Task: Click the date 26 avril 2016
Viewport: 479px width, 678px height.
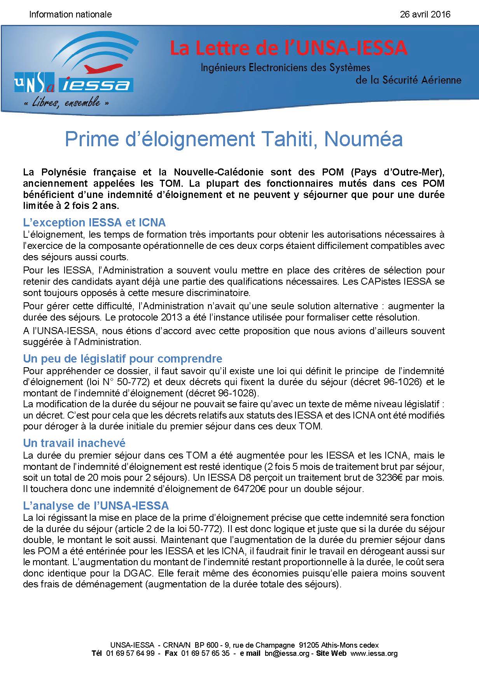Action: coord(425,14)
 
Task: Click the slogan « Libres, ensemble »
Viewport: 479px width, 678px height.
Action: coord(66,103)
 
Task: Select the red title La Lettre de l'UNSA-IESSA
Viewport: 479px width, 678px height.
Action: coord(288,48)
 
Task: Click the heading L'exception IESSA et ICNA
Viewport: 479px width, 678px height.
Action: coord(94,222)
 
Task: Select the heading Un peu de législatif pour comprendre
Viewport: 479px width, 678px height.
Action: coord(122,358)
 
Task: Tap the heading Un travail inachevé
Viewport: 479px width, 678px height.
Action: coord(74,443)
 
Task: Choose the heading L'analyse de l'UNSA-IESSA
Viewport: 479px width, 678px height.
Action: coord(96,505)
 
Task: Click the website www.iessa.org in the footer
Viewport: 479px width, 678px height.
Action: coord(374,653)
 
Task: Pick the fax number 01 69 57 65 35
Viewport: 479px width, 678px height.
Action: coord(205,653)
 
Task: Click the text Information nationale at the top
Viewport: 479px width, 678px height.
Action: coord(70,14)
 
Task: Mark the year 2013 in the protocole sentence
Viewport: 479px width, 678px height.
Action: coord(161,317)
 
